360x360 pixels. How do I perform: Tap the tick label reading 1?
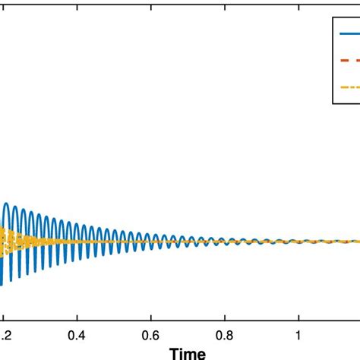click(x=298, y=334)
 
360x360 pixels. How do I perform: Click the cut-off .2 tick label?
click(x=5, y=334)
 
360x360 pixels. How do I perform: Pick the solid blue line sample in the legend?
click(x=349, y=33)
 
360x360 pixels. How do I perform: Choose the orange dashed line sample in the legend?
click(x=349, y=61)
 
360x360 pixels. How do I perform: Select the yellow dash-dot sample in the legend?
click(x=349, y=87)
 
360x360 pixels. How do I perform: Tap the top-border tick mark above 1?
click(x=298, y=2)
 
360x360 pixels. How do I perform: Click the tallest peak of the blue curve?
click(x=8, y=204)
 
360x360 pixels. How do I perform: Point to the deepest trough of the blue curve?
click(x=2, y=285)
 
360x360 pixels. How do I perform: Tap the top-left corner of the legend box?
click(x=333, y=16)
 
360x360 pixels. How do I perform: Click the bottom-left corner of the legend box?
click(x=333, y=104)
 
